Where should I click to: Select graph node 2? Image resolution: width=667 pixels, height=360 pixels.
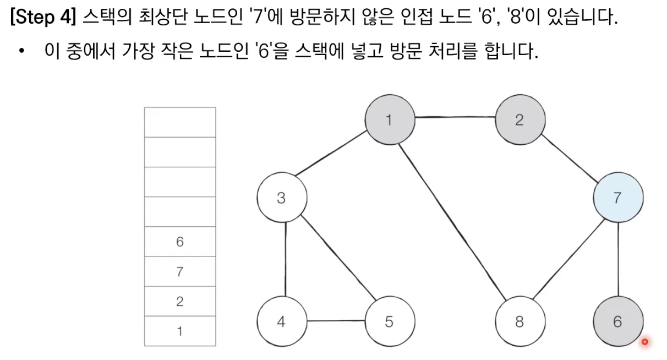tap(520, 120)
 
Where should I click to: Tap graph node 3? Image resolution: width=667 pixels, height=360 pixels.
tap(281, 198)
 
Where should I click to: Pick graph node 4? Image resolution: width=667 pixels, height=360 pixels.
tap(281, 321)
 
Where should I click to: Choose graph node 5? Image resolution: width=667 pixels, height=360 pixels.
tap(390, 321)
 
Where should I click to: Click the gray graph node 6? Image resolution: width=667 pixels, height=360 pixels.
tap(617, 321)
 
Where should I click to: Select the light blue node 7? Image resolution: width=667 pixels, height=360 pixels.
tap(617, 198)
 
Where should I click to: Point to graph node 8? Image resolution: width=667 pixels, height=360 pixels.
tap(520, 321)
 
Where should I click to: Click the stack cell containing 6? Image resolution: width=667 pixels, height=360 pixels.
tap(180, 242)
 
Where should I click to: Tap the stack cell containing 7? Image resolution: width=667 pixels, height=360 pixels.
tap(180, 271)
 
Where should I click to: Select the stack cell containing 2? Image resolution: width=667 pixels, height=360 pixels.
tap(180, 301)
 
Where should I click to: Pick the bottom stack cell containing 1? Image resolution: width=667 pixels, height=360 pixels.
tap(180, 331)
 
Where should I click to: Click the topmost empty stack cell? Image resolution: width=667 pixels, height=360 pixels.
tap(180, 122)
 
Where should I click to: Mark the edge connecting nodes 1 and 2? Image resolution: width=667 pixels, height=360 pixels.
tap(455, 117)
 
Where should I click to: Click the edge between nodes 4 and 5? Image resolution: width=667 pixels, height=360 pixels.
tap(335, 321)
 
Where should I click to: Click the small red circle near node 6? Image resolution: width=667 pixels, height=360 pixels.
tap(645, 342)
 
